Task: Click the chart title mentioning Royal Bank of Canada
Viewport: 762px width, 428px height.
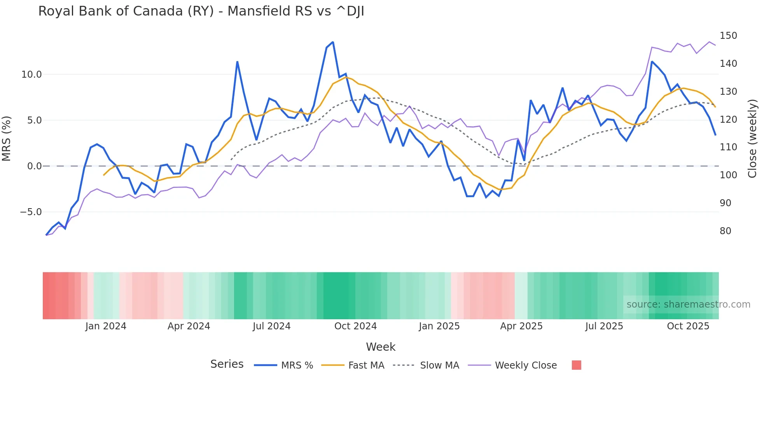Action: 201,11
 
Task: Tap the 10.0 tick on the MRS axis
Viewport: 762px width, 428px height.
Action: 31,75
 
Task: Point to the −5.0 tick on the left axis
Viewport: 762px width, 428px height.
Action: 31,212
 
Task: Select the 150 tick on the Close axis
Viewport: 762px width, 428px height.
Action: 728,36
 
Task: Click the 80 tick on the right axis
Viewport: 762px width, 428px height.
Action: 725,231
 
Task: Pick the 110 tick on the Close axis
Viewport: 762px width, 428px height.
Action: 728,147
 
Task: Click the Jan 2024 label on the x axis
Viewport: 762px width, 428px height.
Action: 106,326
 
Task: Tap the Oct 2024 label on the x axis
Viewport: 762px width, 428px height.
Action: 355,326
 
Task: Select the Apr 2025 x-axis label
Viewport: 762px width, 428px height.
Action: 521,326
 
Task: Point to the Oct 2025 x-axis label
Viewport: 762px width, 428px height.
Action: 688,326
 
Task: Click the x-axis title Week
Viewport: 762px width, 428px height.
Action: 381,347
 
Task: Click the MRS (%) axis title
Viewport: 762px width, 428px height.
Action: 7,139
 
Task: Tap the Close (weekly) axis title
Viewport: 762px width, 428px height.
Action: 752,139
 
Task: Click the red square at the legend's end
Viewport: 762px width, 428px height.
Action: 576,365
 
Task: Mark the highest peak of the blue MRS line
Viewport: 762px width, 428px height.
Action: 333,42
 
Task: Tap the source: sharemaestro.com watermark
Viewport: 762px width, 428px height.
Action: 688,304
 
